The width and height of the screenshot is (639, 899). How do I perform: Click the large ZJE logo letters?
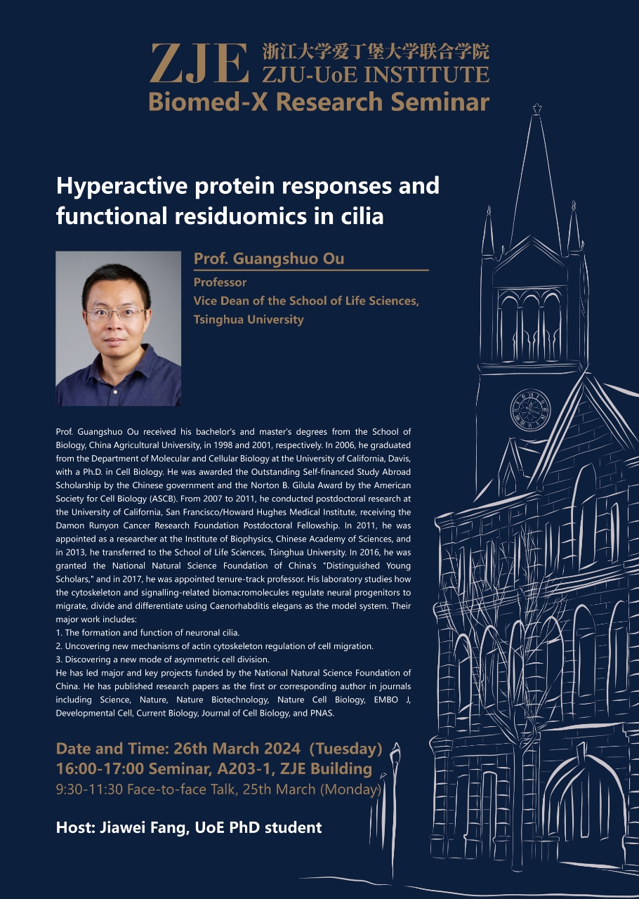pos(199,63)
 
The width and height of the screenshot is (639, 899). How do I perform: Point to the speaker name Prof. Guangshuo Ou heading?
pos(269,258)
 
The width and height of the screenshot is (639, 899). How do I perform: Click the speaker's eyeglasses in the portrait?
pos(116,313)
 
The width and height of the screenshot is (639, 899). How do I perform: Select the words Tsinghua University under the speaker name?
pos(249,320)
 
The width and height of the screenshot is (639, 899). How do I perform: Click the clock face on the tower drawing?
pos(530,409)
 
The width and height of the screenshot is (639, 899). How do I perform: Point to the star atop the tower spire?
pos(537,108)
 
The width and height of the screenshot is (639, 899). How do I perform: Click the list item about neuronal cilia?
pos(147,633)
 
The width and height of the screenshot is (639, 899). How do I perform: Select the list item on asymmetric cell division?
pos(163,660)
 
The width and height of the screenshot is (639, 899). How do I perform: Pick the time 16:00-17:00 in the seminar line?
pos(100,768)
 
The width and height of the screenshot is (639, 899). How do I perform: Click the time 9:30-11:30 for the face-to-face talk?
pos(89,789)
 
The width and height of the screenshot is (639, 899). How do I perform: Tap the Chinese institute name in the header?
pos(376,52)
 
